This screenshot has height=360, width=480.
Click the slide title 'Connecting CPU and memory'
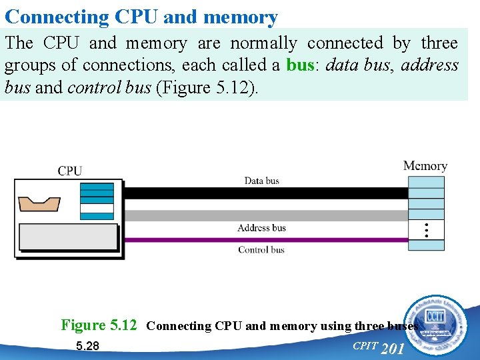click(141, 16)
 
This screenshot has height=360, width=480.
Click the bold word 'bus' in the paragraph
click(299, 65)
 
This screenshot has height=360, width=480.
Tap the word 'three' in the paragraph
click(439, 43)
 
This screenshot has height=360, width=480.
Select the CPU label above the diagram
click(70, 171)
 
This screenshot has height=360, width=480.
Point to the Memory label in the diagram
click(425, 165)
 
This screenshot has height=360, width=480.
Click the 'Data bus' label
click(261, 181)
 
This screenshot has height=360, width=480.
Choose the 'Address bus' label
click(261, 228)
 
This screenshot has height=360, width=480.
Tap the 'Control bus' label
click(261, 250)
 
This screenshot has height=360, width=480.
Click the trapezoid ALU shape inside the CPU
click(39, 202)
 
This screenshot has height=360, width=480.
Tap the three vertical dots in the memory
click(426, 230)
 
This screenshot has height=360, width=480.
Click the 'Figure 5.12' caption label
click(99, 325)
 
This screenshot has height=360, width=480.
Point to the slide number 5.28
click(87, 346)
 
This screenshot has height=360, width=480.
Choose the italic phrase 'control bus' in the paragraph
click(109, 88)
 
